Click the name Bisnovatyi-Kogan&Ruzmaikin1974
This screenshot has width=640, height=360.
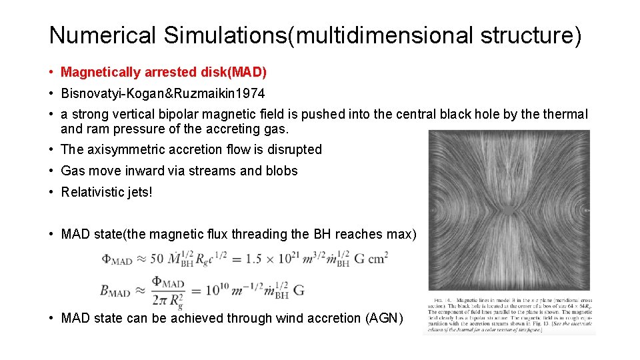(163, 93)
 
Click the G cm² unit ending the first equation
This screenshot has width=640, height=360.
(371, 258)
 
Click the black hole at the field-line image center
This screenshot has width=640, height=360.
(509, 211)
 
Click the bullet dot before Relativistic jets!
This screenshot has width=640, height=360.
(51, 192)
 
